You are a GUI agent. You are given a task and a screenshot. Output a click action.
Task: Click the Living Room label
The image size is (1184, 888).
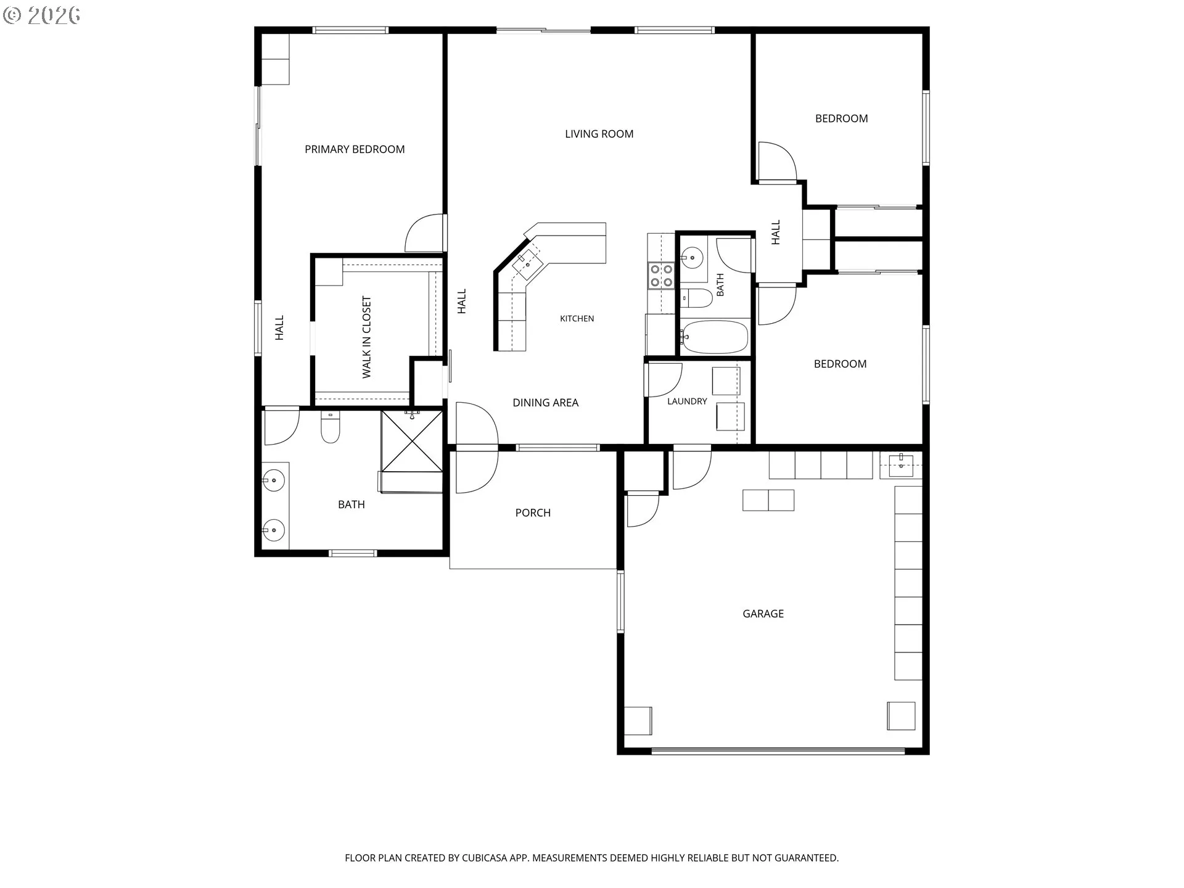point(599,134)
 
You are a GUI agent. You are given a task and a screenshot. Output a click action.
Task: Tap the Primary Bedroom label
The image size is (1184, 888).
point(355,149)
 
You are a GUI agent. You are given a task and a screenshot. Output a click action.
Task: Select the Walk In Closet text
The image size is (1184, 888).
point(367,337)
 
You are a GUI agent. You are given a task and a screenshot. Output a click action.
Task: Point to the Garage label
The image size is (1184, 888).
point(763,614)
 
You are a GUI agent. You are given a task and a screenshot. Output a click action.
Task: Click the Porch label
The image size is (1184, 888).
point(533,512)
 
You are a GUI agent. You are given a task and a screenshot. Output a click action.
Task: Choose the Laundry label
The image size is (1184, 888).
point(687,401)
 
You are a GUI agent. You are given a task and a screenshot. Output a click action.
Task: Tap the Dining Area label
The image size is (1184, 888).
point(545,403)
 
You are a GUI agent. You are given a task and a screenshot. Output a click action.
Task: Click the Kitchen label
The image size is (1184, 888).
point(577,319)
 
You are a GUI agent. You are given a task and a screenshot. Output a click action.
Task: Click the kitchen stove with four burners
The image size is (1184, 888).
point(662,276)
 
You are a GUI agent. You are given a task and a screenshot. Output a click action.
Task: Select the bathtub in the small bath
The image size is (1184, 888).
point(715,337)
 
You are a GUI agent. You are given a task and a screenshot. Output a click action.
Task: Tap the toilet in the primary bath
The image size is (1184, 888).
point(331,427)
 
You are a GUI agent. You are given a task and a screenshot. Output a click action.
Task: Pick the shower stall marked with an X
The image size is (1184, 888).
point(412,442)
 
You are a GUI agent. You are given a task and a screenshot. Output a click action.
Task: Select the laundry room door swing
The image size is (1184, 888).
point(664,380)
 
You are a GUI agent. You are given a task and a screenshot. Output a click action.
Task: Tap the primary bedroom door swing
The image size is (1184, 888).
point(424,233)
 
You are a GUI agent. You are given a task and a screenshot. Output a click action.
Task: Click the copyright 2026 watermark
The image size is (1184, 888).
point(41,15)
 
